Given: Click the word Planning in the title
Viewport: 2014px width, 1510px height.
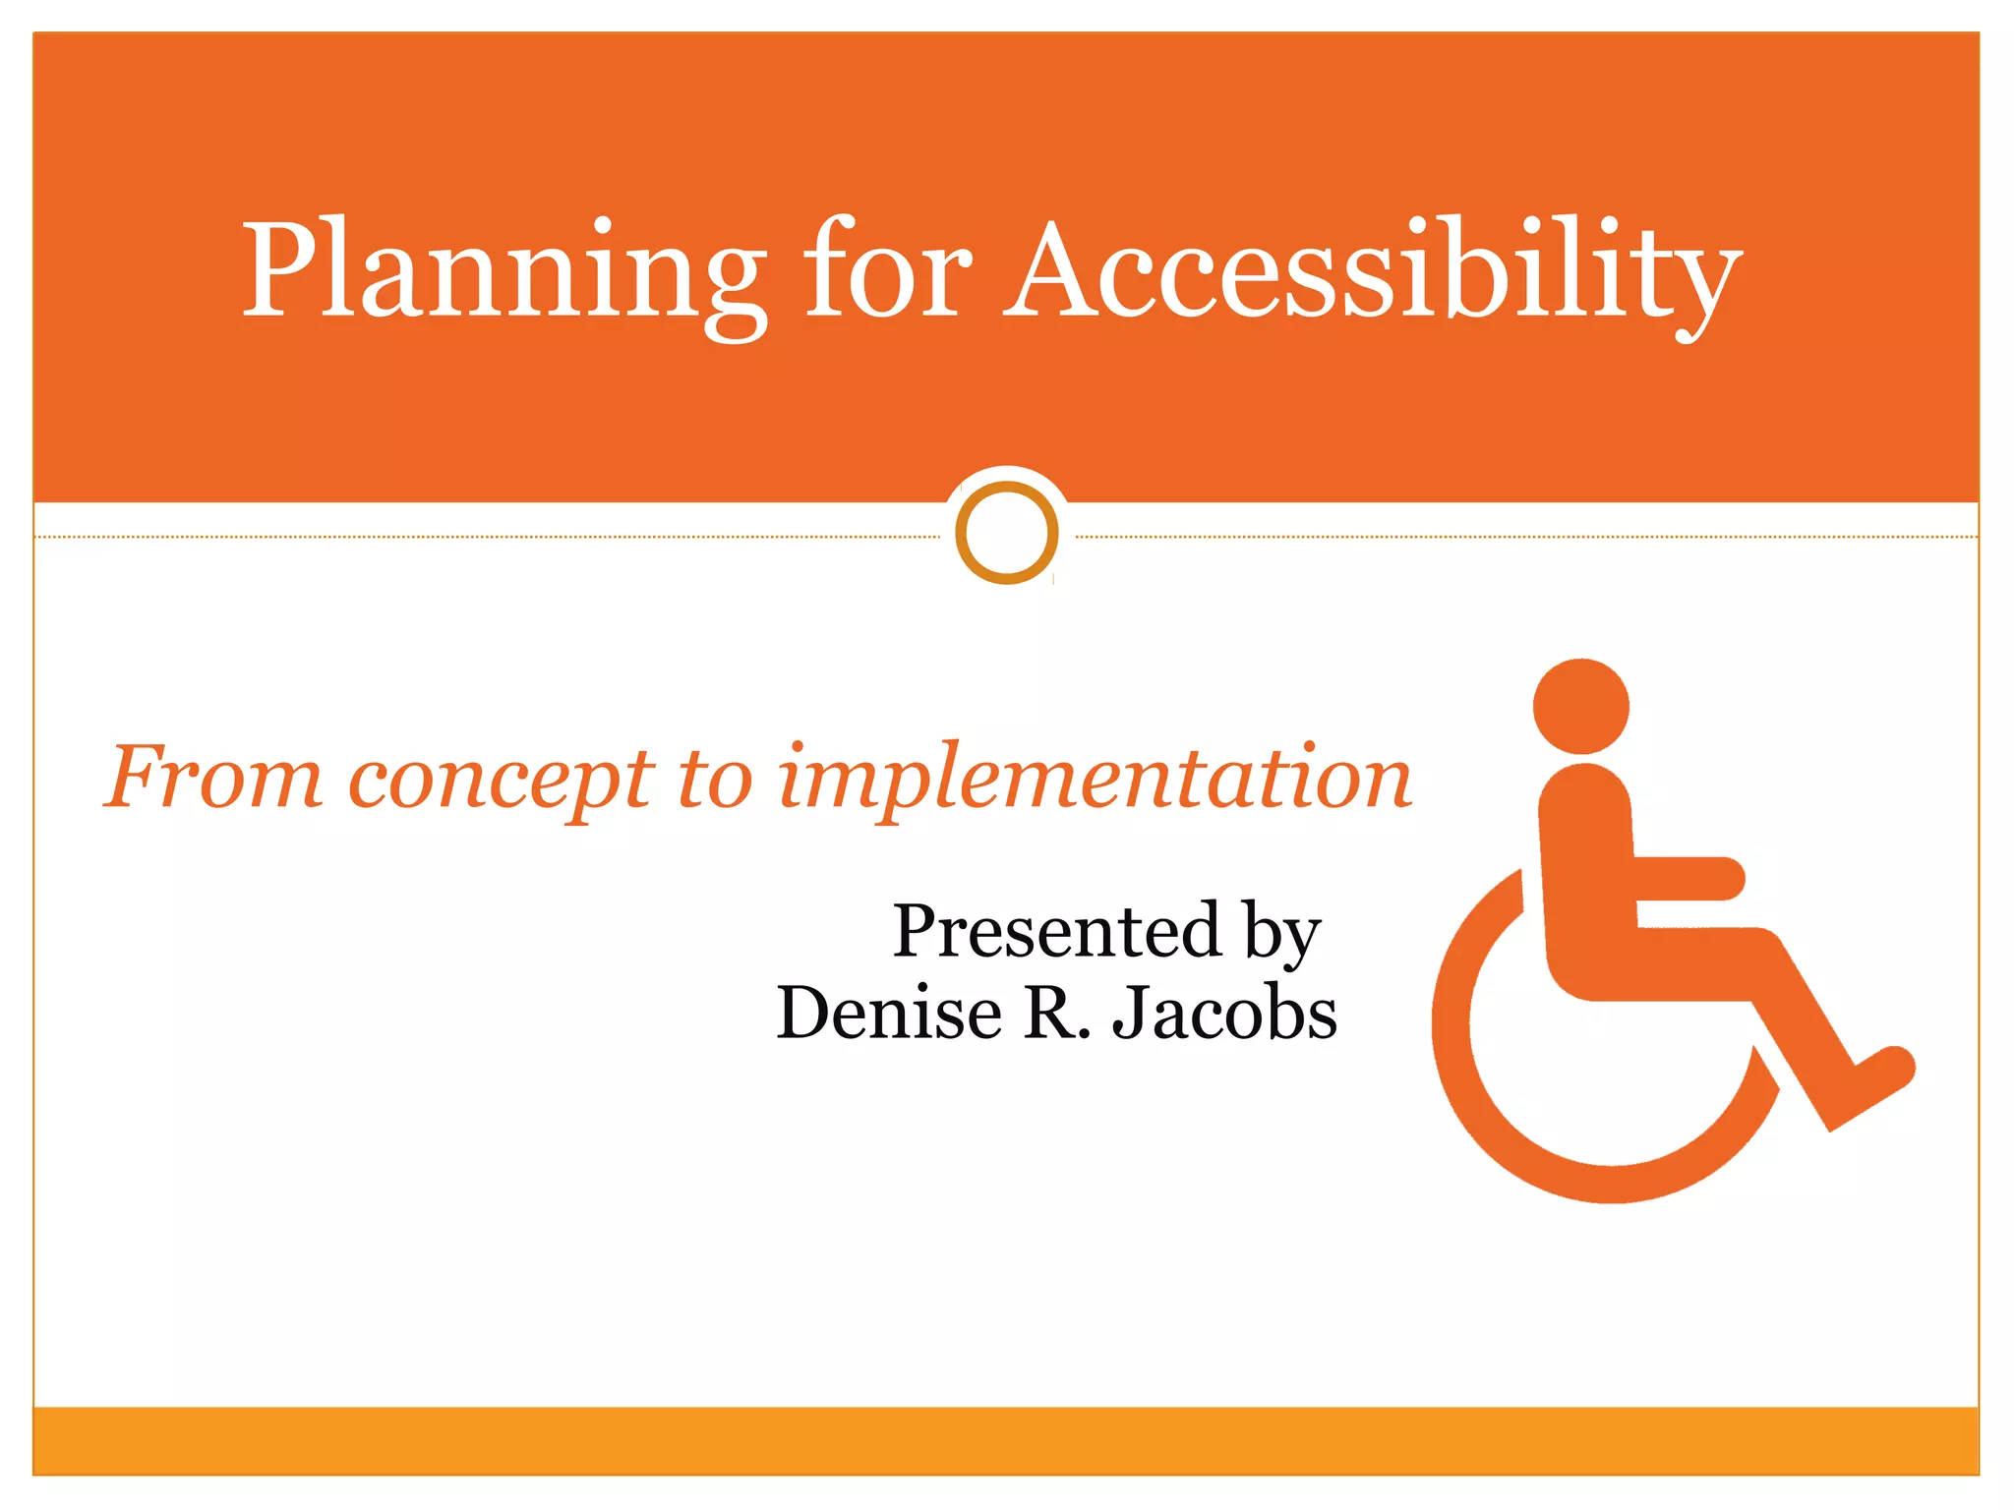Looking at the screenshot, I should pyautogui.click(x=503, y=270).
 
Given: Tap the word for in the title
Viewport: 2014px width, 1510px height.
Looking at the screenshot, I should pyautogui.click(x=887, y=270).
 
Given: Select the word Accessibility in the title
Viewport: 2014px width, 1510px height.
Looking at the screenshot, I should pyautogui.click(x=1372, y=270).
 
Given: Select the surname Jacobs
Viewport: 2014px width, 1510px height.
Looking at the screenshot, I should pyautogui.click(x=1225, y=1013).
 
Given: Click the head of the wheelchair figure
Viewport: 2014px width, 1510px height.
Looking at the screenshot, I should pyautogui.click(x=1581, y=706).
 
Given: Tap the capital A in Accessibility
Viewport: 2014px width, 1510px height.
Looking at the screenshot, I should pyautogui.click(x=1066, y=270).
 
